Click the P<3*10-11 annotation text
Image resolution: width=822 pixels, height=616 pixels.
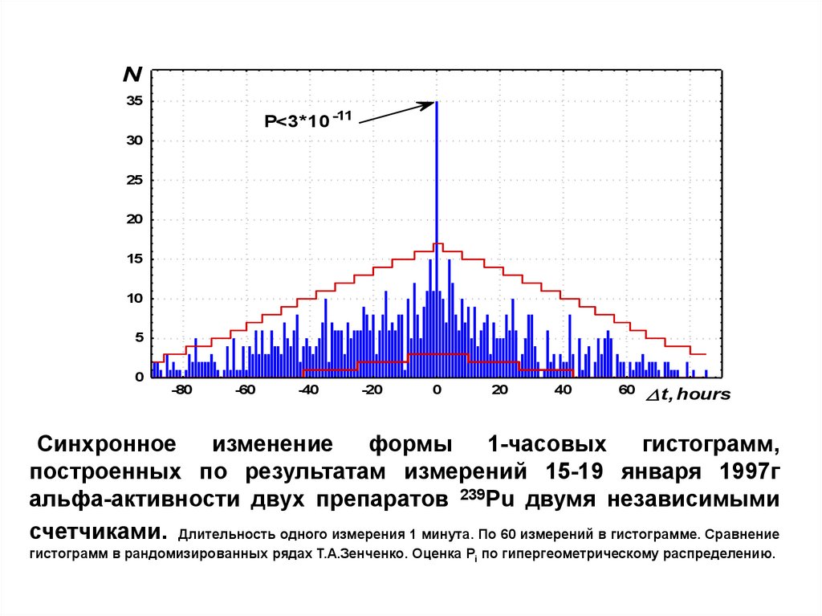[x=308, y=120]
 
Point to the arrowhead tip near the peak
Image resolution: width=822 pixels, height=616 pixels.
[x=434, y=102]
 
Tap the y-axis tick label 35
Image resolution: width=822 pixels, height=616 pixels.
[x=134, y=101]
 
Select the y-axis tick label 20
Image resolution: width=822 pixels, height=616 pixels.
[x=134, y=219]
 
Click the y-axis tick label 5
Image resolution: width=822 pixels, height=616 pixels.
[x=138, y=337]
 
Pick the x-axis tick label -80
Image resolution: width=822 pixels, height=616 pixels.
[x=182, y=391]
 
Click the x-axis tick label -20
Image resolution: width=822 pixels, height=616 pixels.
[x=372, y=391]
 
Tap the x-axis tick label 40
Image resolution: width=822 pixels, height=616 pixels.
[x=564, y=391]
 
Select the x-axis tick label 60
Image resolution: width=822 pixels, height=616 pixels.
[x=627, y=391]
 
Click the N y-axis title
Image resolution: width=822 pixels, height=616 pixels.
[x=132, y=75]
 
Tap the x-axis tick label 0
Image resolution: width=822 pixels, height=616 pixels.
[x=436, y=391]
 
